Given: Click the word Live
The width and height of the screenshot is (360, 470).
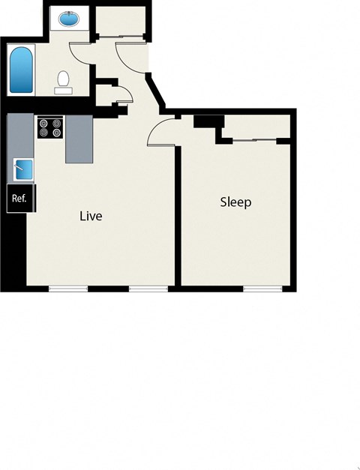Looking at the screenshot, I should click(91, 217).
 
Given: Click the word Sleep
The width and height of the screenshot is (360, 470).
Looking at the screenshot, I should click(235, 202).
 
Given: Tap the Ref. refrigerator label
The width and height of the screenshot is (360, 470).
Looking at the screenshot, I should click(19, 199).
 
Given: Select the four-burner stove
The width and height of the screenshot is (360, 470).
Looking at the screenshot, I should click(51, 128).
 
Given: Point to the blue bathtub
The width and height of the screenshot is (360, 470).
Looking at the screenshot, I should click(20, 70).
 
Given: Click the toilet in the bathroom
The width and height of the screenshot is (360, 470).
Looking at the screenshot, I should click(64, 79).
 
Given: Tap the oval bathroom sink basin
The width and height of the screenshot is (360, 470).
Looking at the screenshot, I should click(69, 19).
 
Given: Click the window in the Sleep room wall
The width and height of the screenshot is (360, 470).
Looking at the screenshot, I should click(262, 288).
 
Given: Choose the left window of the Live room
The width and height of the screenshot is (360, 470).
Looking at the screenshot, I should click(68, 288).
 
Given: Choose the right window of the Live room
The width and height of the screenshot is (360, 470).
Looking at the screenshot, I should click(148, 288).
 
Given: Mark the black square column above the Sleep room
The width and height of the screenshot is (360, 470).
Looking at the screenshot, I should click(208, 120).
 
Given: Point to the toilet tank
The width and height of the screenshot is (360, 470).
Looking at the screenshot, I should click(64, 90).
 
